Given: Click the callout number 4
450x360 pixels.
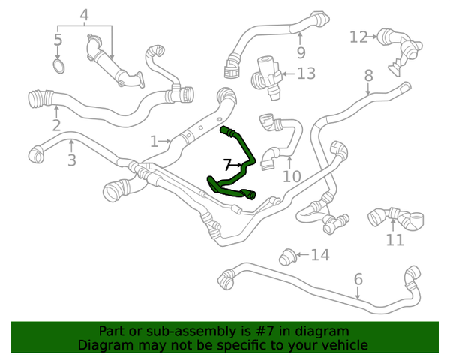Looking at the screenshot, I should (x=84, y=14).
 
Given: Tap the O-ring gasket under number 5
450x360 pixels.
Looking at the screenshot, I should (x=58, y=67).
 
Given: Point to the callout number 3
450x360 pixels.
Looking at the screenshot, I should (x=71, y=160).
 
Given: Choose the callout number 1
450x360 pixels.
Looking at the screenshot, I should (x=154, y=141).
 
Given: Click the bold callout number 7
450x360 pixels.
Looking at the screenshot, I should (x=227, y=163).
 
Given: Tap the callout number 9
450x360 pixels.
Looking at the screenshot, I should (x=301, y=52).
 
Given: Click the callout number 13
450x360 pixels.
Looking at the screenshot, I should (x=306, y=73).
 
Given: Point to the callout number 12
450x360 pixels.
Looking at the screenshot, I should (x=358, y=37).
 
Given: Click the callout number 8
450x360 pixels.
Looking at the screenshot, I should (x=368, y=76).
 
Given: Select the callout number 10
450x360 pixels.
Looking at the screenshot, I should (x=291, y=176).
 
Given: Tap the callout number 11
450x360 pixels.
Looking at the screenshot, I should (x=394, y=240).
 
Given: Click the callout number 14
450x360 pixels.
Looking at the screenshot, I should (x=320, y=256).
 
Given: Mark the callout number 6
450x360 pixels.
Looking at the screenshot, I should (x=358, y=279).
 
